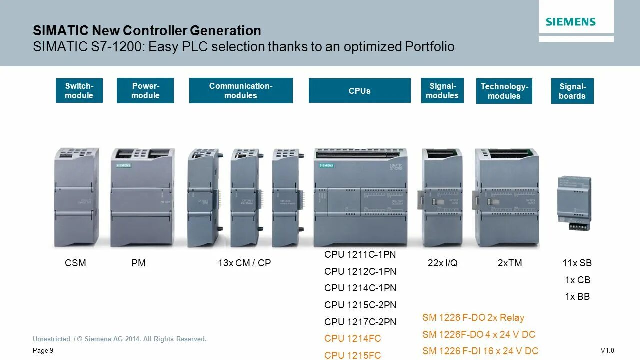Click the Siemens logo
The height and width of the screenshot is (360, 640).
(570, 22)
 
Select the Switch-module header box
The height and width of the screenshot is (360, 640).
(79, 91)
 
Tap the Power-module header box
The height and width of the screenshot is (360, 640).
(145, 91)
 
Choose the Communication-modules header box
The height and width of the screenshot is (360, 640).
(241, 91)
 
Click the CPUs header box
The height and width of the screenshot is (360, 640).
(359, 91)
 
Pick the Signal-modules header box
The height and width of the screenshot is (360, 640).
(442, 91)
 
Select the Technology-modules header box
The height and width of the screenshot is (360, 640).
(504, 91)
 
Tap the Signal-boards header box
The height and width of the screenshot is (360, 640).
(572, 91)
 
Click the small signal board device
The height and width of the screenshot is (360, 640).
(574, 203)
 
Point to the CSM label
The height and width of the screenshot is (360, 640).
(75, 263)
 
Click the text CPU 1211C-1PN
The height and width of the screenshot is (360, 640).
(360, 254)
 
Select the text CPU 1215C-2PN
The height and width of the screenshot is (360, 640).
(360, 305)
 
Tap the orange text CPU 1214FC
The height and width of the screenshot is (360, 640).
(352, 338)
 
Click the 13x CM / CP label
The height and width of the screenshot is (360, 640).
(244, 263)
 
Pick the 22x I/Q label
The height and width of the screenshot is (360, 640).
(442, 263)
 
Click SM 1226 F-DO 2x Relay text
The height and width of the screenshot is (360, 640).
(473, 317)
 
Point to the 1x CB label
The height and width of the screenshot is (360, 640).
(577, 280)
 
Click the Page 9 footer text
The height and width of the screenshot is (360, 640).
(43, 351)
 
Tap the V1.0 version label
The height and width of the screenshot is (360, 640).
(607, 350)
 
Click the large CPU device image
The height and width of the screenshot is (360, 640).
(360, 197)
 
